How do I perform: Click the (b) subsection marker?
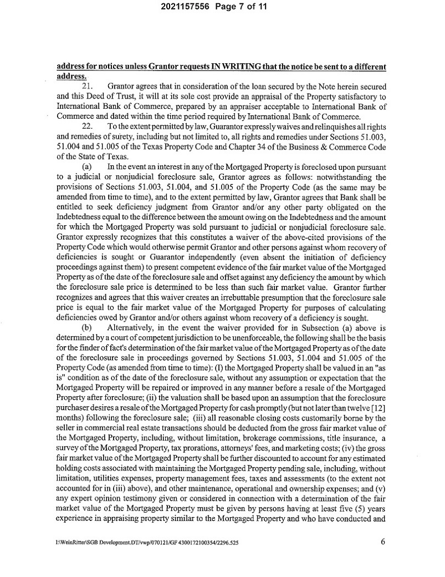(87, 327)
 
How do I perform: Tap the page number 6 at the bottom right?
(382, 543)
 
